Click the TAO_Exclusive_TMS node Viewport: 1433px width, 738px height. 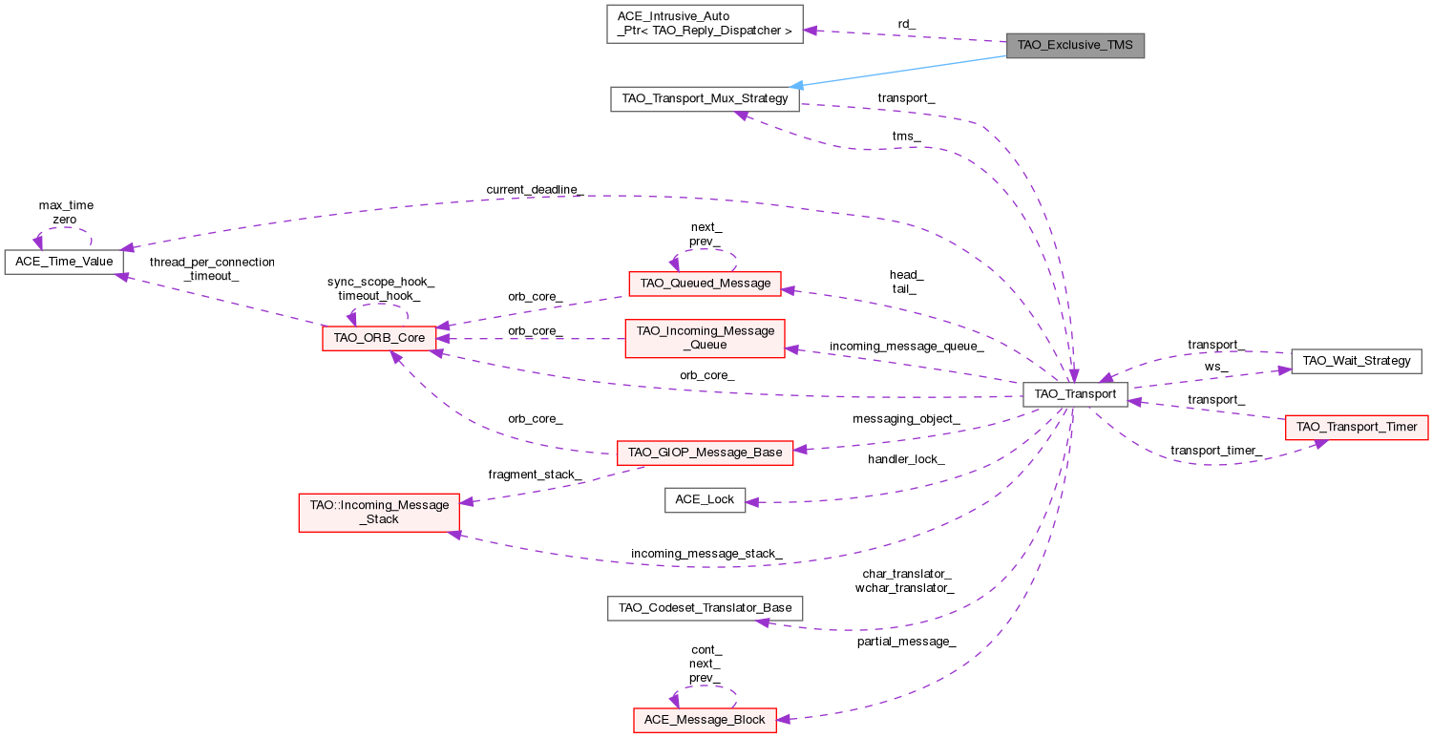[1074, 45]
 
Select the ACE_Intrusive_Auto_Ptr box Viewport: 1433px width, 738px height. [705, 23]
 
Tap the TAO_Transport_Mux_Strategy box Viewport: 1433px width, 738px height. [705, 98]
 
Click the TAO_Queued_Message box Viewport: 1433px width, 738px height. [705, 284]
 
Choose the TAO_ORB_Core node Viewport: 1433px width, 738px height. [379, 338]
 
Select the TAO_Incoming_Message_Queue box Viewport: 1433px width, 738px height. [705, 338]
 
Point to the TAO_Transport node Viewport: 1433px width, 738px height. [1075, 394]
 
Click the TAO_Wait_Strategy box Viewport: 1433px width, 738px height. [1356, 361]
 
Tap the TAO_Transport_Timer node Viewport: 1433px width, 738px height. [1357, 427]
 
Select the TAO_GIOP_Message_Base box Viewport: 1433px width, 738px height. [705, 453]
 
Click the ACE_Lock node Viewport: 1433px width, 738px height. [705, 499]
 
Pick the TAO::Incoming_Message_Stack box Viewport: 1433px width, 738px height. [379, 512]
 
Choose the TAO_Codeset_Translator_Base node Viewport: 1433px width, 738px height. [705, 608]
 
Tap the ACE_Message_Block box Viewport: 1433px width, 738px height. [705, 720]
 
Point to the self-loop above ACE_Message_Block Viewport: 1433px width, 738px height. [705, 687]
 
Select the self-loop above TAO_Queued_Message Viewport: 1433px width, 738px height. [705, 251]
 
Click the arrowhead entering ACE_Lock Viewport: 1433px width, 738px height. [752, 500]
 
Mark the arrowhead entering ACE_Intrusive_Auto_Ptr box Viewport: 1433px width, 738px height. [809, 30]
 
